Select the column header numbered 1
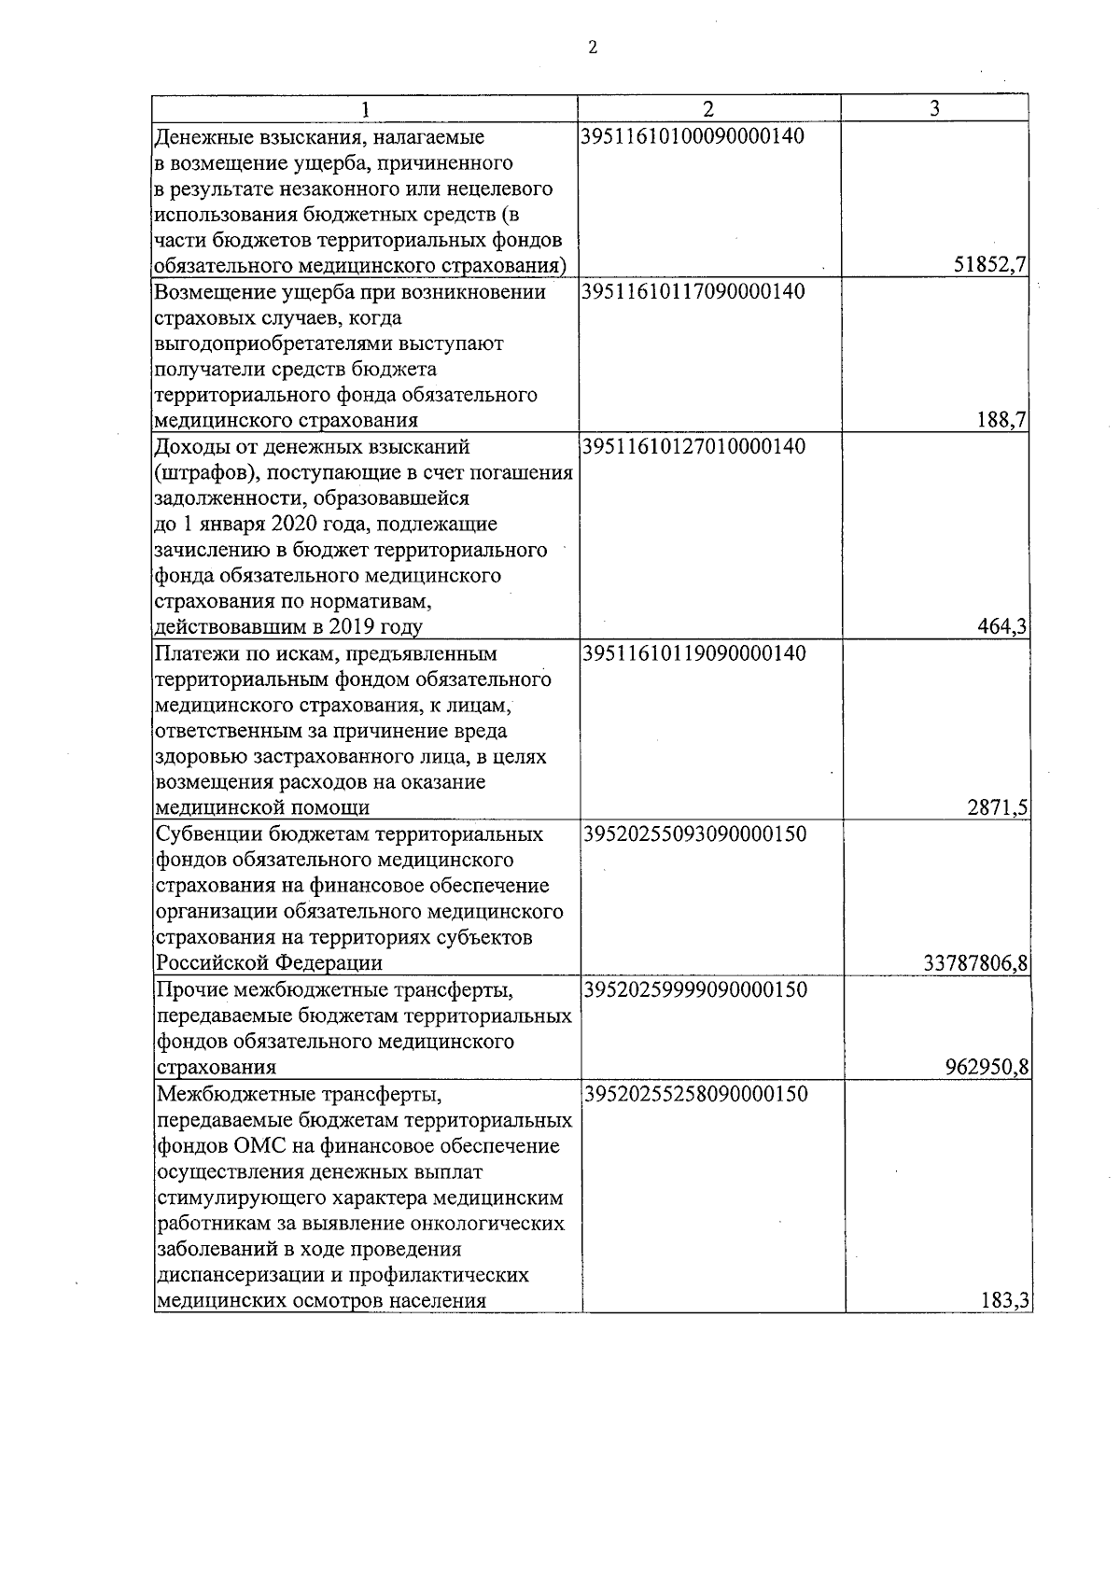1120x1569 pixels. (x=366, y=108)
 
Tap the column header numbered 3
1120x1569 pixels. (x=934, y=108)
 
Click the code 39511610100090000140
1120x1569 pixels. (x=692, y=137)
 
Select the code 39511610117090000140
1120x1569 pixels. (x=692, y=292)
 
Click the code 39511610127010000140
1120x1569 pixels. (x=692, y=447)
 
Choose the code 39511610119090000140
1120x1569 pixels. (x=693, y=653)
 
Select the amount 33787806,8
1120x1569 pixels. (x=975, y=963)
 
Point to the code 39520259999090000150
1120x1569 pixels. (x=694, y=989)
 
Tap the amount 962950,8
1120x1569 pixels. (x=987, y=1067)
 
